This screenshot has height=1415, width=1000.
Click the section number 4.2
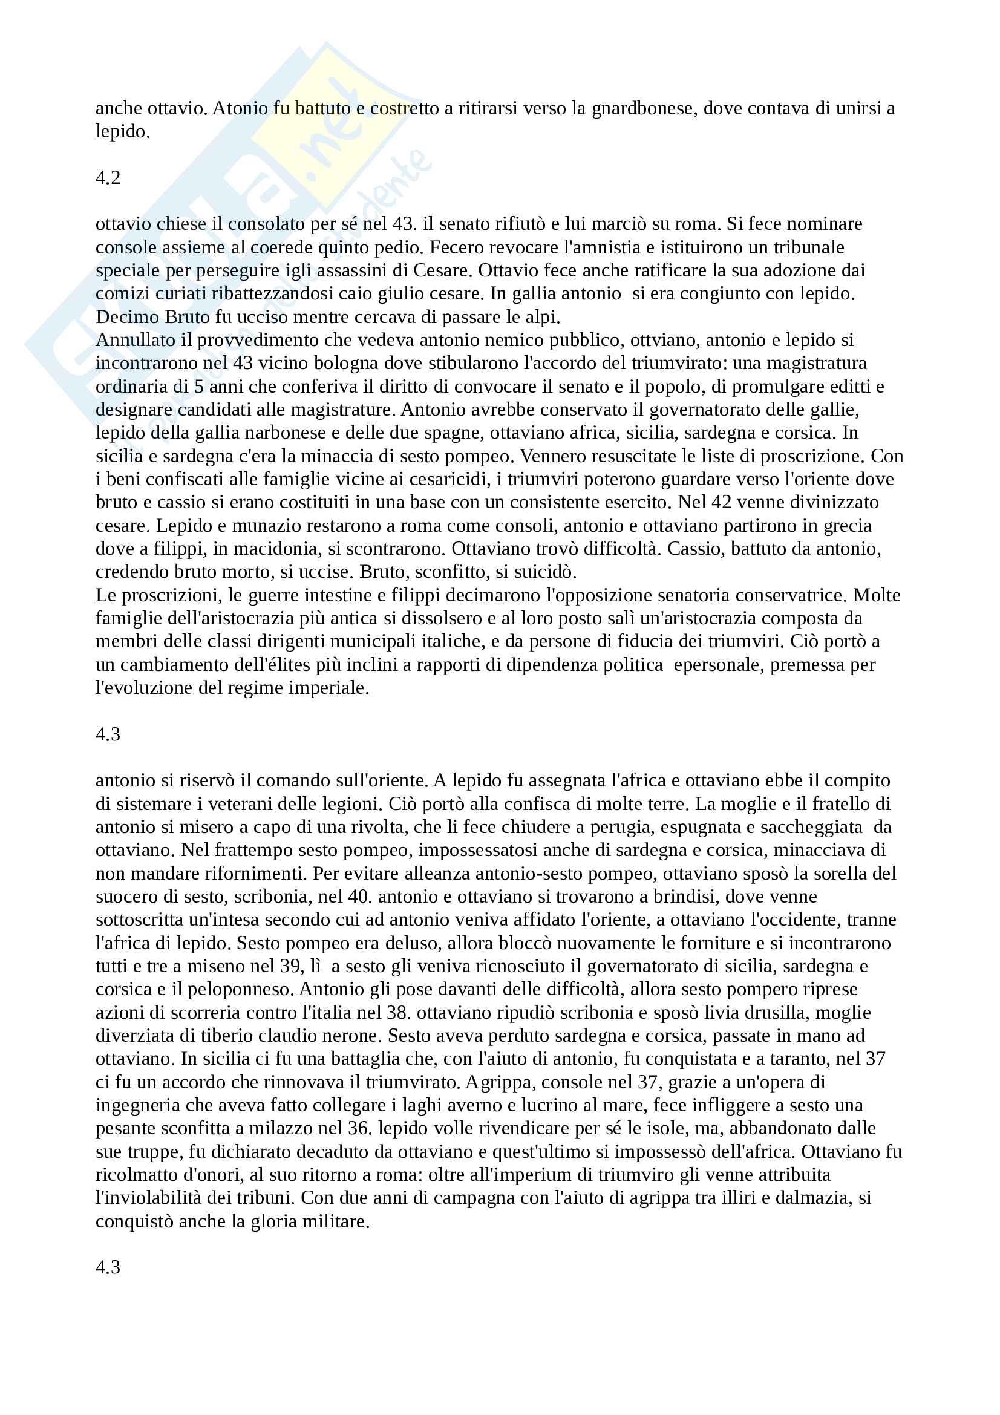(x=108, y=178)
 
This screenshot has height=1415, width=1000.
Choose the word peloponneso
(x=240, y=989)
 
